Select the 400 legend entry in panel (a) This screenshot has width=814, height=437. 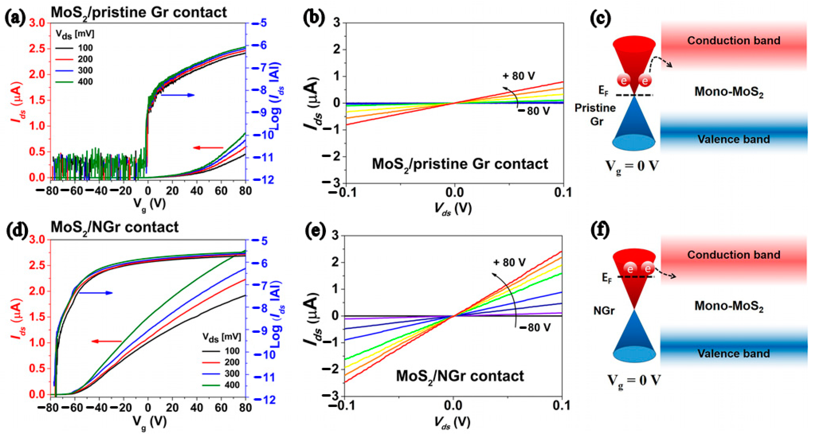tap(74, 82)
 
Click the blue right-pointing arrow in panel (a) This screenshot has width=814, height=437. tap(178, 95)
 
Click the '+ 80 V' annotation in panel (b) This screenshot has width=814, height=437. tap(519, 76)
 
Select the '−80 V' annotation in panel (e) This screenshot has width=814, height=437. tap(535, 327)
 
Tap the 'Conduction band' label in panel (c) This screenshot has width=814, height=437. tap(734, 40)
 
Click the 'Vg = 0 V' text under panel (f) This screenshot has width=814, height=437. tap(633, 380)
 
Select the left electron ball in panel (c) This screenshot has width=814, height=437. tap(624, 81)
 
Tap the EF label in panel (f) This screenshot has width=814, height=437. tap(607, 278)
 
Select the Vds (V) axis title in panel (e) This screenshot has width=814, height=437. tap(452, 422)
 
